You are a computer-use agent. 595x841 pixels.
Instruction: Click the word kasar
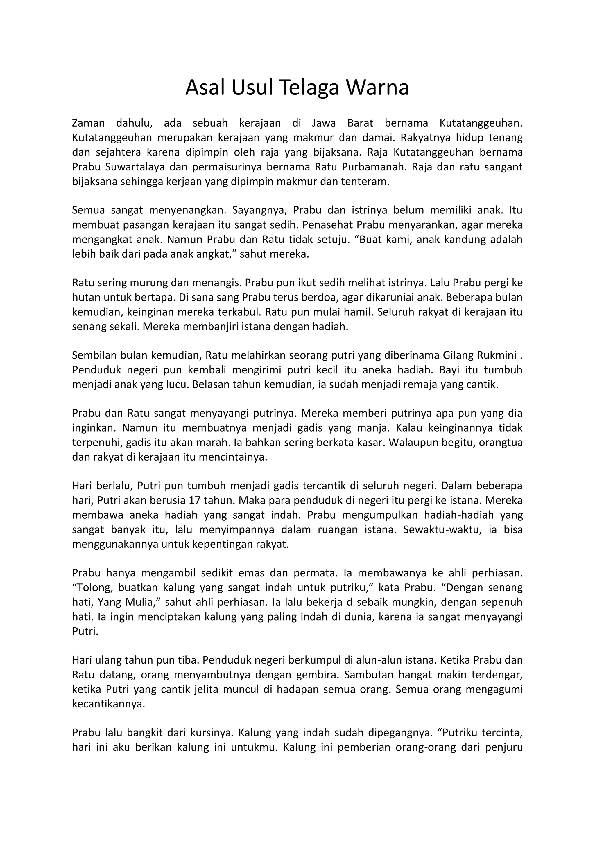point(371,443)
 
